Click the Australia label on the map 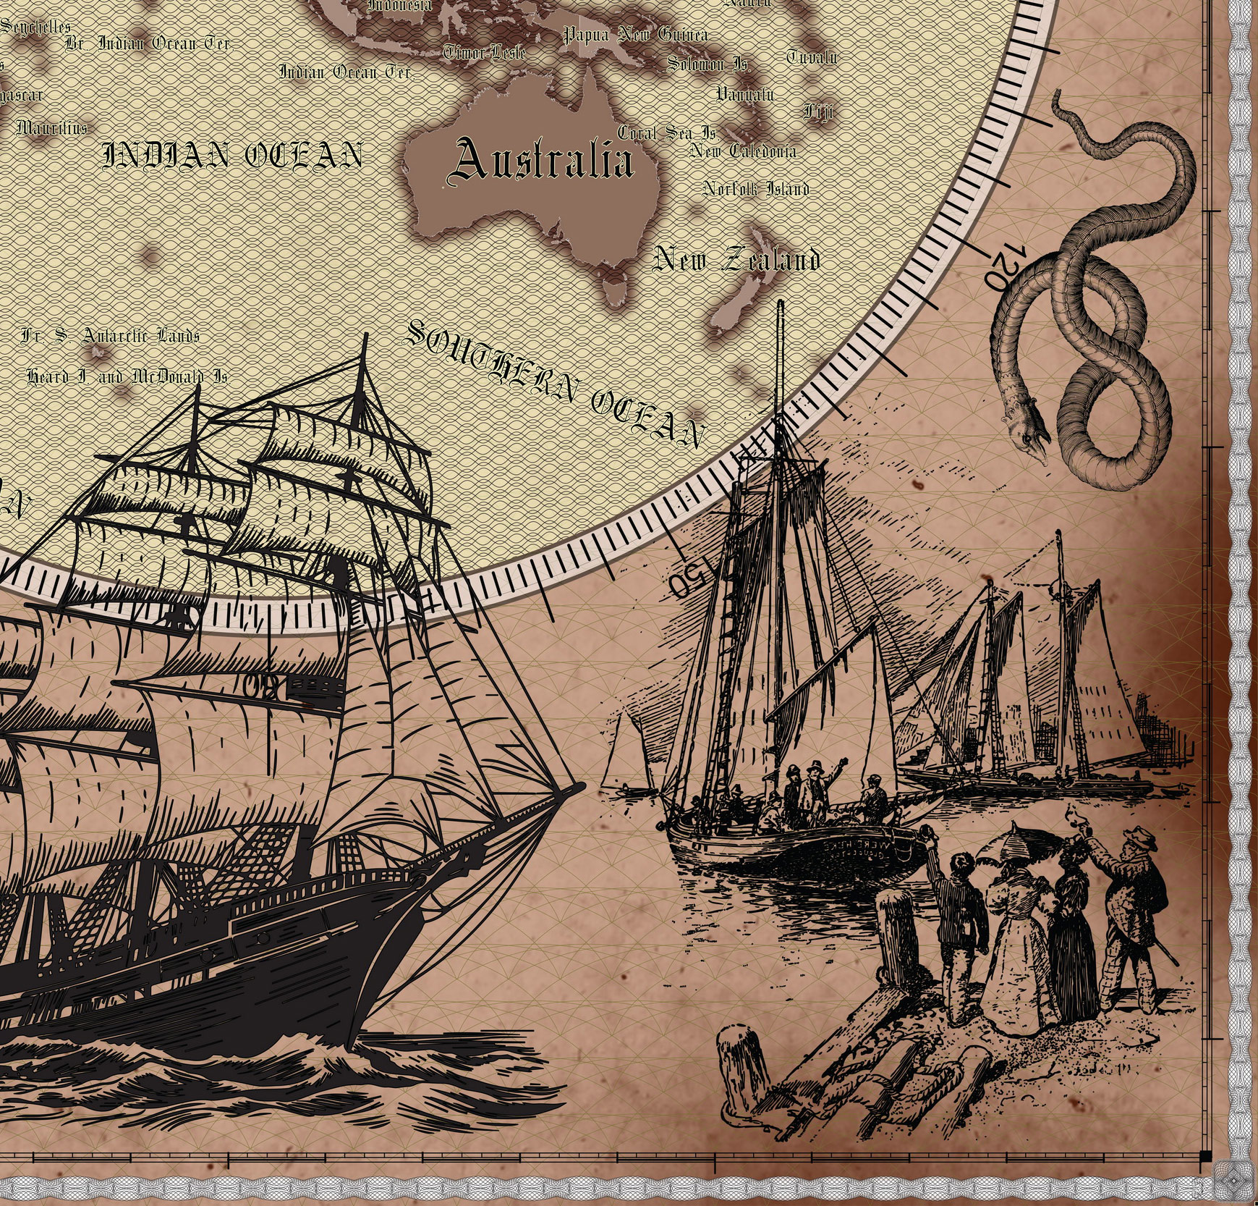point(541,161)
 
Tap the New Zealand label point(736,260)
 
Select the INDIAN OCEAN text point(232,155)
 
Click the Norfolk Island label point(756,189)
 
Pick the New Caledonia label point(743,151)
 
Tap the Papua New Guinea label point(635,34)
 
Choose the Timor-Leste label point(484,52)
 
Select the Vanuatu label point(745,94)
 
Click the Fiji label point(818,112)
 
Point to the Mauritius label point(51,129)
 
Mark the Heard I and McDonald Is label point(127,377)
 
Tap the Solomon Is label point(707,64)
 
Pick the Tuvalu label point(812,56)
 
